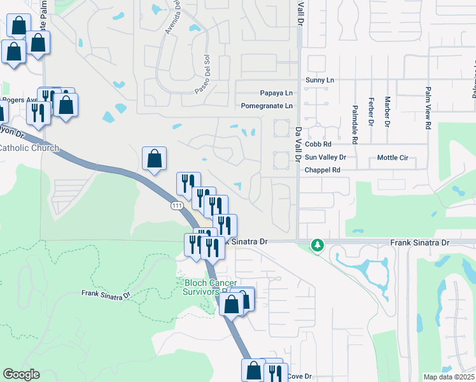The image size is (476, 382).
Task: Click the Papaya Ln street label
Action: coord(276,92)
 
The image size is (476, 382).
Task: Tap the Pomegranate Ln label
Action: coord(267,106)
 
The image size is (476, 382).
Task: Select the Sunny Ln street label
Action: coord(319,80)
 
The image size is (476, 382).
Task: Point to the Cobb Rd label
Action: coord(314,145)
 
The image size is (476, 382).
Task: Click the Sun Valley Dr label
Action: coord(325,157)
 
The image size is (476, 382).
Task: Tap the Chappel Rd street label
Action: coord(323,170)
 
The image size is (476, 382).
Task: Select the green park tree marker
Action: coord(317,244)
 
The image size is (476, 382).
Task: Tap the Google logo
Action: coord(21,374)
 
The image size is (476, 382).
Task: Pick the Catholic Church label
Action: coord(29,148)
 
